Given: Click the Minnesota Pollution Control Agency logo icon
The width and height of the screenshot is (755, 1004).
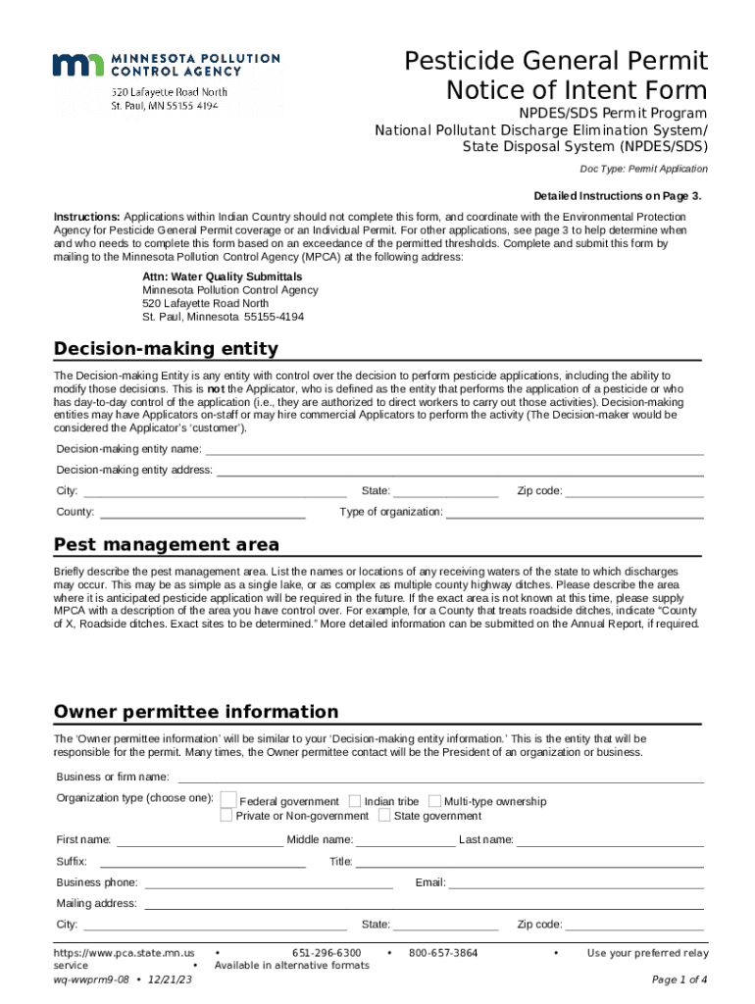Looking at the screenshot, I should [x=79, y=66].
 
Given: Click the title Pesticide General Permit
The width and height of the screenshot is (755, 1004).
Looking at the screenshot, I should [x=556, y=61].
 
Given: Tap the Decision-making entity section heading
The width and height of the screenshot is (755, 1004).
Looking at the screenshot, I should [x=166, y=349].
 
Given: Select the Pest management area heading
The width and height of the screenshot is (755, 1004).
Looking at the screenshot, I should [x=166, y=544].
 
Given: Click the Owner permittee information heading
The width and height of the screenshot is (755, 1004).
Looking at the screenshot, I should [x=196, y=711].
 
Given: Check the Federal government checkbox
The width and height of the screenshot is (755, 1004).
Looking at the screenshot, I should [x=227, y=800].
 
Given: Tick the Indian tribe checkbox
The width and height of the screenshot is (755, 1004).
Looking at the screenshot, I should [x=355, y=801].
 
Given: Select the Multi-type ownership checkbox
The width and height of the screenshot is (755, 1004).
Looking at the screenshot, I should [x=435, y=801].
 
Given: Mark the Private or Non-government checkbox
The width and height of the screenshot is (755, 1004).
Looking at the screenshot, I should [x=226, y=815].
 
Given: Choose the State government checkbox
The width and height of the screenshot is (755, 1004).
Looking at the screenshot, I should [x=384, y=815].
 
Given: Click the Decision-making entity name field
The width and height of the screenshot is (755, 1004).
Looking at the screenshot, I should [x=453, y=449].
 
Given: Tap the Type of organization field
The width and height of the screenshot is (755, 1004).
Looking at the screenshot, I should [x=575, y=512].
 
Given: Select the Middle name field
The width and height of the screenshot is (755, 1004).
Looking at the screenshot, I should [x=406, y=840].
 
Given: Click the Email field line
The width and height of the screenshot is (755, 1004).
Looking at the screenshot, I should [x=577, y=882].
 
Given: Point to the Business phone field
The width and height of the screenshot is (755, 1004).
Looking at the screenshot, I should [x=268, y=882].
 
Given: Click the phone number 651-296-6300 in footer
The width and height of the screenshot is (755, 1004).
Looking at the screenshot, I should [x=327, y=953].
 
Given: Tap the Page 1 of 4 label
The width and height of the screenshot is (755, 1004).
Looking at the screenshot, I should [x=679, y=979].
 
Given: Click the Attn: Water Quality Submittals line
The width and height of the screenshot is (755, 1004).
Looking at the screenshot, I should [x=223, y=276].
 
